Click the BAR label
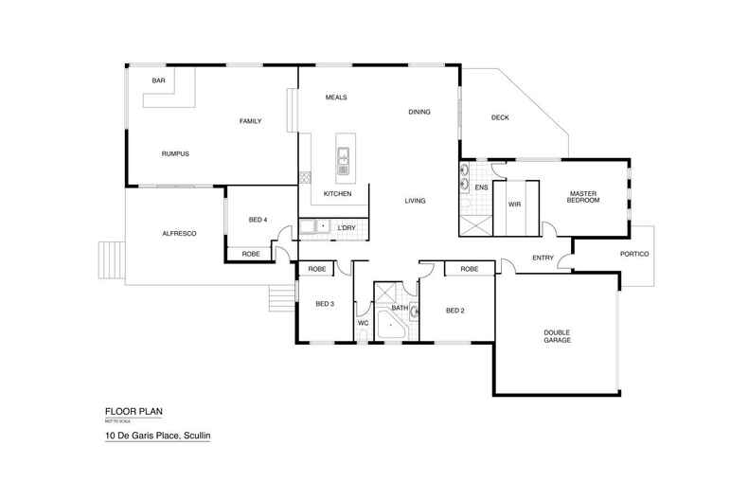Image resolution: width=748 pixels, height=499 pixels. (x=159, y=80)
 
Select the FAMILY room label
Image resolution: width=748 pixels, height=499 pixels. (x=250, y=121)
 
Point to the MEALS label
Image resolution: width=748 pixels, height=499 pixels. (x=337, y=97)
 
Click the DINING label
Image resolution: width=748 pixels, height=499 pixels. (x=419, y=112)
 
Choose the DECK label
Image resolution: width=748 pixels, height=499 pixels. (x=500, y=118)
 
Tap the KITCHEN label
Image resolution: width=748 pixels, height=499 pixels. (x=337, y=193)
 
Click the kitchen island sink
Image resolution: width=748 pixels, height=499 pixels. (x=343, y=157)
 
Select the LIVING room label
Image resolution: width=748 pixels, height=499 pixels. (x=415, y=200)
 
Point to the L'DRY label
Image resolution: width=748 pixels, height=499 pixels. (x=346, y=228)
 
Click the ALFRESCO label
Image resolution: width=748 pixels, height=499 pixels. (x=179, y=233)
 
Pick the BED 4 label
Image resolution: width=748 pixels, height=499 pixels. (x=258, y=220)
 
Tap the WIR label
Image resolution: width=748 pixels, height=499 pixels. (x=515, y=204)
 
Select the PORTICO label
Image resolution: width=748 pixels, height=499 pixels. (x=633, y=254)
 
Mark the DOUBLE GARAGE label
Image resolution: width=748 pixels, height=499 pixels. (x=557, y=336)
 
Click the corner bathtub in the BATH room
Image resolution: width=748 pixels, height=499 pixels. (x=391, y=328)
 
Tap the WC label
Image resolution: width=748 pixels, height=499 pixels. (x=362, y=323)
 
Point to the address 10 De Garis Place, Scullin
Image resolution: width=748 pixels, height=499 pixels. (x=156, y=437)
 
